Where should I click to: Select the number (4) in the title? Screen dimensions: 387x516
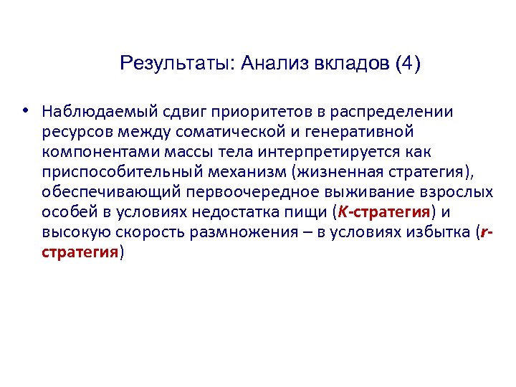coord(407,64)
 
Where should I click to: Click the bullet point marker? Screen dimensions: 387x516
coord(25,112)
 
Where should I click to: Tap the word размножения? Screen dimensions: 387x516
coord(247,232)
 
